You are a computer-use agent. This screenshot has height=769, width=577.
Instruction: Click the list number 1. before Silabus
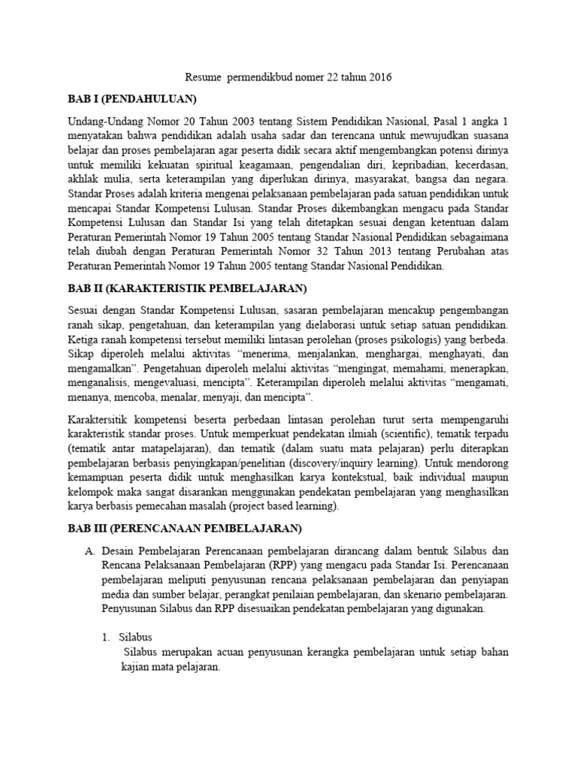(x=107, y=636)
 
